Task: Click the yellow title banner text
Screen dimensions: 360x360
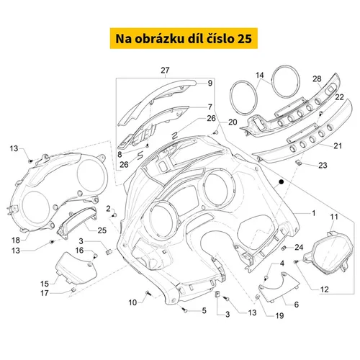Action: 184,39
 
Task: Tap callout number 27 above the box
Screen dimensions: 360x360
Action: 165,71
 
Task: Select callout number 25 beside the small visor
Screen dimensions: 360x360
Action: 102,230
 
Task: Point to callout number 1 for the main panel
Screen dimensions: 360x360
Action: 313,213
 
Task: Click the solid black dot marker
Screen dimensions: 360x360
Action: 282,182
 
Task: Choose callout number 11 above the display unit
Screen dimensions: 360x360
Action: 334,217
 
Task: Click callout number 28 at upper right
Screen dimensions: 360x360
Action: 317,78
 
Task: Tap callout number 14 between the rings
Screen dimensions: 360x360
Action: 260,76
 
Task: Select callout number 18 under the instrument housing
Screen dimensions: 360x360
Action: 16,240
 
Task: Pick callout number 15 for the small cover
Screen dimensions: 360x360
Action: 45,284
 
